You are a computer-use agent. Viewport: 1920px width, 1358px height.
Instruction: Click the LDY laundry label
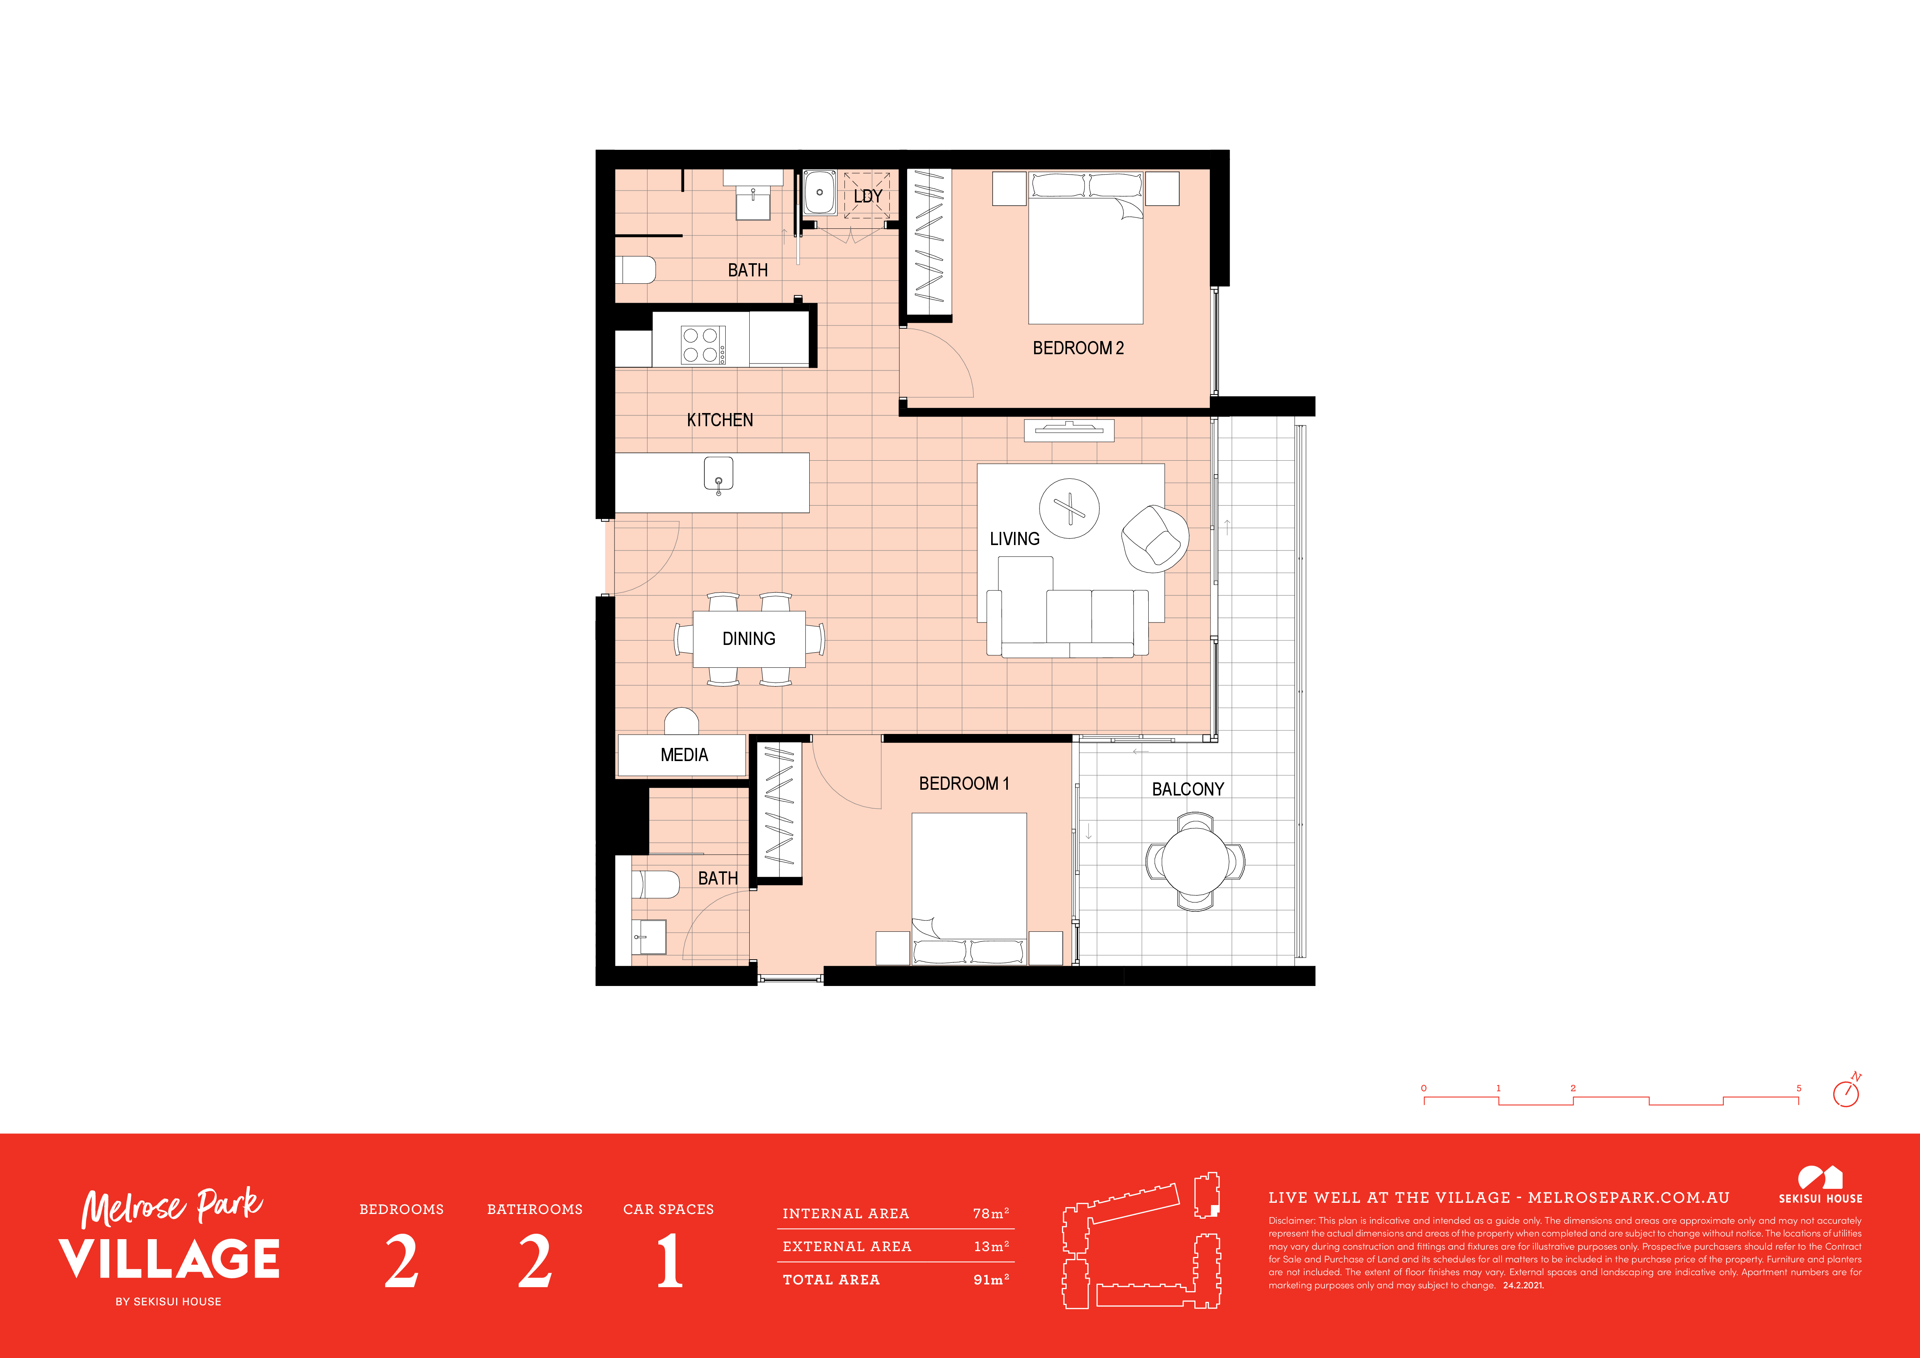pyautogui.click(x=868, y=197)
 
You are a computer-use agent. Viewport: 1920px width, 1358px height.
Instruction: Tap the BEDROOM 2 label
pyautogui.click(x=1078, y=348)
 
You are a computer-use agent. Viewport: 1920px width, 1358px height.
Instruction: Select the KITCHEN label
pyautogui.click(x=720, y=420)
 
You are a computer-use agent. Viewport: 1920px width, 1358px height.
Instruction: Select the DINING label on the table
pyautogui.click(x=748, y=639)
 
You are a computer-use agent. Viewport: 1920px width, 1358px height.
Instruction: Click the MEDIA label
pyautogui.click(x=684, y=755)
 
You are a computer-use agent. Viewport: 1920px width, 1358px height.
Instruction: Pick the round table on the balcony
pyautogui.click(x=1195, y=863)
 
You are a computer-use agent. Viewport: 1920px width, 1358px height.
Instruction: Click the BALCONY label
pyautogui.click(x=1187, y=789)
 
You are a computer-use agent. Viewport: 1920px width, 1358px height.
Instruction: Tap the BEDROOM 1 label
pyautogui.click(x=964, y=784)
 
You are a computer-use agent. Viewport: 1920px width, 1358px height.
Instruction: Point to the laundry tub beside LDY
pyautogui.click(x=820, y=192)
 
